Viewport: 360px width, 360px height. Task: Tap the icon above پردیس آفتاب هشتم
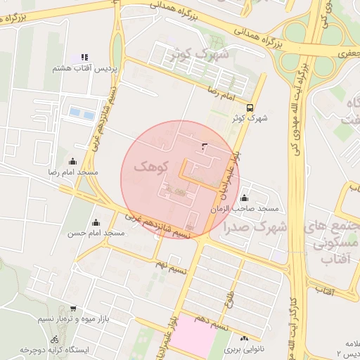tap(84, 57)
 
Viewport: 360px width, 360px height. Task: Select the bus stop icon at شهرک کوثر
tap(251, 106)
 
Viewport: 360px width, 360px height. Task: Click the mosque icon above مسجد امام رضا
tap(73, 161)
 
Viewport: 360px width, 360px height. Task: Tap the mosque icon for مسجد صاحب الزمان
tap(244, 198)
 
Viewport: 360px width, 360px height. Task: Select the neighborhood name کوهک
tap(148, 167)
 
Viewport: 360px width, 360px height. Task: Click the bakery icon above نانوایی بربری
tap(244, 337)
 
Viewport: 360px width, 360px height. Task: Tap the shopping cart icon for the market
tap(73, 309)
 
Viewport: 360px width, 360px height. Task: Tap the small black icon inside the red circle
tap(205, 146)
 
